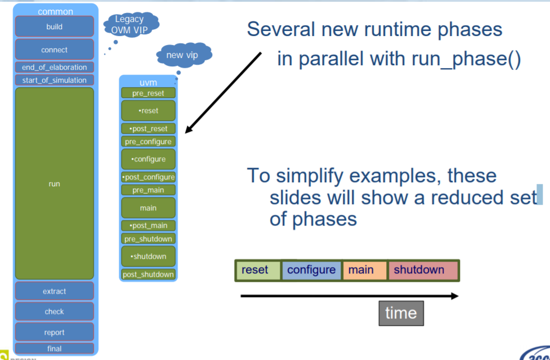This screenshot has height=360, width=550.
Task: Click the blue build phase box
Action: [x=54, y=26]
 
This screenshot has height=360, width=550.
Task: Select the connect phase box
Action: [x=54, y=49]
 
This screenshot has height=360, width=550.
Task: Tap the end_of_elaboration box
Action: [x=54, y=67]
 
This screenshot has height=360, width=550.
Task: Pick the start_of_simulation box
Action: [x=54, y=80]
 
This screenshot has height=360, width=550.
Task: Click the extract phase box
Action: [x=54, y=291]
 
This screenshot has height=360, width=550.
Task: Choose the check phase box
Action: [x=54, y=312]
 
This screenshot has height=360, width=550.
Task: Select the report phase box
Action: [x=54, y=332]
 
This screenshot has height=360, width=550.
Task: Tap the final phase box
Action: [x=54, y=349]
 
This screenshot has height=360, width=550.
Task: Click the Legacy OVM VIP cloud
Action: [x=130, y=24]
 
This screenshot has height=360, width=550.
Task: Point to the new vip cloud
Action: [x=182, y=55]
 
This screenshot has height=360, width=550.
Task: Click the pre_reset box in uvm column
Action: [x=149, y=93]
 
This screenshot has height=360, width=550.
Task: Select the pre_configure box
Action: [x=149, y=142]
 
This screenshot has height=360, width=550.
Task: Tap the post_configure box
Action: [x=149, y=177]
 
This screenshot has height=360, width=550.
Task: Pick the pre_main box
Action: [x=149, y=190]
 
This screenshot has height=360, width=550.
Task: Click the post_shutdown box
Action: [x=149, y=274]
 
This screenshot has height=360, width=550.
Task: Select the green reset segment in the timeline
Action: [x=258, y=271]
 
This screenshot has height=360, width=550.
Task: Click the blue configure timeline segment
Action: [x=311, y=271]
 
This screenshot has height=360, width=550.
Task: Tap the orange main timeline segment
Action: [x=364, y=271]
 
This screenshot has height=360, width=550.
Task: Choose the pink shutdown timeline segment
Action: [x=423, y=271]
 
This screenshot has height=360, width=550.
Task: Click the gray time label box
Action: [x=400, y=313]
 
